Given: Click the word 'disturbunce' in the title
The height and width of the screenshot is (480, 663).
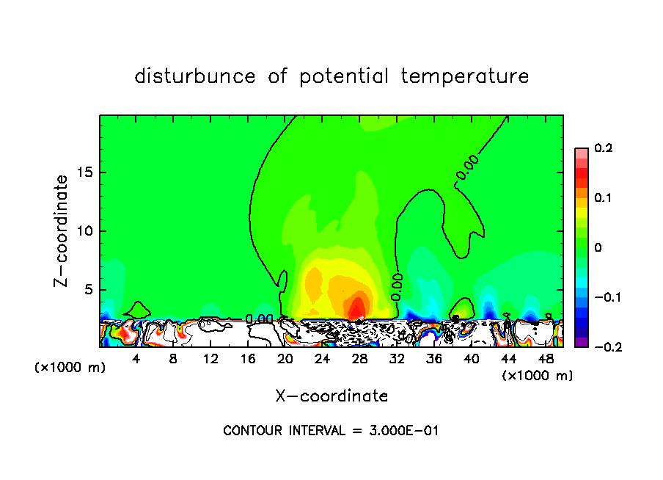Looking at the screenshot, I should [x=196, y=76].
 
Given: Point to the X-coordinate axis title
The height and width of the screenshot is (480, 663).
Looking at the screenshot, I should [x=331, y=396].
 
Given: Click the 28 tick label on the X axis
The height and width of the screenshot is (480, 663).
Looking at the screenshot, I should [x=359, y=359].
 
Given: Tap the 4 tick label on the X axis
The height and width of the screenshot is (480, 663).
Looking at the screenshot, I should [x=136, y=359].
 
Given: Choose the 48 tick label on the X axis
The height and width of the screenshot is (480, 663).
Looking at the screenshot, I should [x=545, y=359].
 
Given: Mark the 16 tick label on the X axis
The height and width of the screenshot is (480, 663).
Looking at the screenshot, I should [x=248, y=359].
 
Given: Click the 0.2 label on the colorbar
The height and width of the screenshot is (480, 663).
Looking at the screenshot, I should [x=603, y=148].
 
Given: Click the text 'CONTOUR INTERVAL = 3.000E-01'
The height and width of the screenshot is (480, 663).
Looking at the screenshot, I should [x=331, y=431].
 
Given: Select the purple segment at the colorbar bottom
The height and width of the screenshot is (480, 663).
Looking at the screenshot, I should [x=582, y=342].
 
